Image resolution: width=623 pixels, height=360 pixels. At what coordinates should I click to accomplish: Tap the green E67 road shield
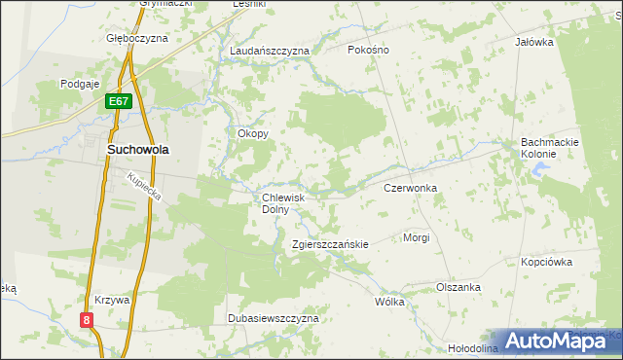(x=119, y=101)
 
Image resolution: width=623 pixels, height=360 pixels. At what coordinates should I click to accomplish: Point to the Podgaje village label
(x=81, y=85)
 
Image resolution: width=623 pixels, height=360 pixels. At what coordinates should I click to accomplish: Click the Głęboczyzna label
(x=137, y=39)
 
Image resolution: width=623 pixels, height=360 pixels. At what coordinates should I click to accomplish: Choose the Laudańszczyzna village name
(x=269, y=50)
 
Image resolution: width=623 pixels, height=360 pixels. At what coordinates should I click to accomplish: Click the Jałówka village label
(x=533, y=42)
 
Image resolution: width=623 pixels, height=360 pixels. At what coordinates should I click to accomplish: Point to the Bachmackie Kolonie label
(x=550, y=148)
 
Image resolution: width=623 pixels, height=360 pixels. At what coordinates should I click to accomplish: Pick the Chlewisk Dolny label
(x=283, y=202)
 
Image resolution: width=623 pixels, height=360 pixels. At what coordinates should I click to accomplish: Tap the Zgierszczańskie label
(x=330, y=244)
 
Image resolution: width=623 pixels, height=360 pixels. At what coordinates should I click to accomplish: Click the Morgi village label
(x=416, y=237)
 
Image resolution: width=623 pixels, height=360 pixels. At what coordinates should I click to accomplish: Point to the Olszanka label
(x=458, y=287)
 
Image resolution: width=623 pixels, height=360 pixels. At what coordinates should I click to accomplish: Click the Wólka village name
(x=389, y=302)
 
